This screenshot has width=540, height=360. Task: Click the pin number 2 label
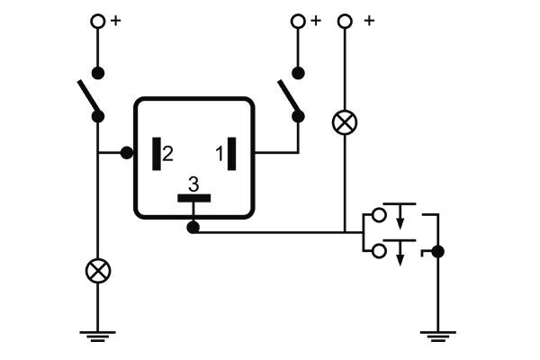(x=168, y=154)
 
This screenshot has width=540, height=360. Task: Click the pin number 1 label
(x=219, y=154)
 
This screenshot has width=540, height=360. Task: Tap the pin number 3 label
(x=193, y=184)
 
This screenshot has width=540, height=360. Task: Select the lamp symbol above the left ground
(x=97, y=269)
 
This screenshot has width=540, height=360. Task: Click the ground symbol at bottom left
(x=97, y=337)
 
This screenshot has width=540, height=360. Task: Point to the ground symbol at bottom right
(x=437, y=337)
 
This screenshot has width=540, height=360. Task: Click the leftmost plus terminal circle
(x=97, y=21)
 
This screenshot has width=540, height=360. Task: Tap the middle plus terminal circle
(x=299, y=21)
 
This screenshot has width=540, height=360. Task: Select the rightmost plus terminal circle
(x=344, y=21)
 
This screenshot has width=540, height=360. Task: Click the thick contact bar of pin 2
(x=156, y=153)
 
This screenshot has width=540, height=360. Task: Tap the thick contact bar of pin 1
(x=232, y=153)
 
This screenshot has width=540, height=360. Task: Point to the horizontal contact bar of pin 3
(x=193, y=197)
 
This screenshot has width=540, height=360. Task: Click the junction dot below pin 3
(x=193, y=227)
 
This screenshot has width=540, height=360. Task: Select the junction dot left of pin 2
(x=127, y=153)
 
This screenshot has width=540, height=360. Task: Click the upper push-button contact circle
(x=378, y=216)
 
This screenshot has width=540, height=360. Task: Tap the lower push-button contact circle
(x=378, y=248)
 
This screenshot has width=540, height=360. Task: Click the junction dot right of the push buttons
(x=437, y=251)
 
